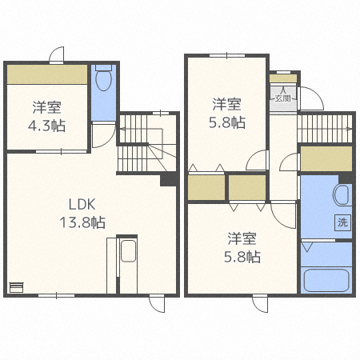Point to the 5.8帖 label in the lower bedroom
242,247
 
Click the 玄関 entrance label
283,98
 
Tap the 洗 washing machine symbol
342,222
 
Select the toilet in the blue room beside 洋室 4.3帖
102,80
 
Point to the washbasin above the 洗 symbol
342,194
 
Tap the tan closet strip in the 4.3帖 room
47,74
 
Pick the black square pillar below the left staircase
168,180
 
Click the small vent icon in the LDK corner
16,287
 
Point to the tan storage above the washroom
325,158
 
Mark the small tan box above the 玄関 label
283,79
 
